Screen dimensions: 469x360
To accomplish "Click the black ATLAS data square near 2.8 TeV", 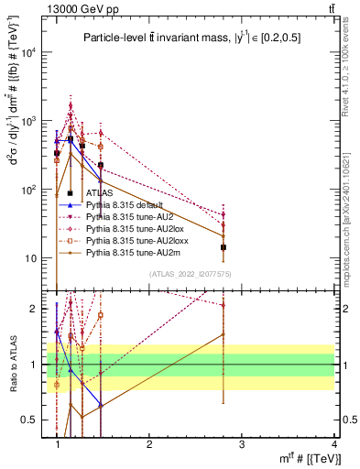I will click(224, 247).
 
